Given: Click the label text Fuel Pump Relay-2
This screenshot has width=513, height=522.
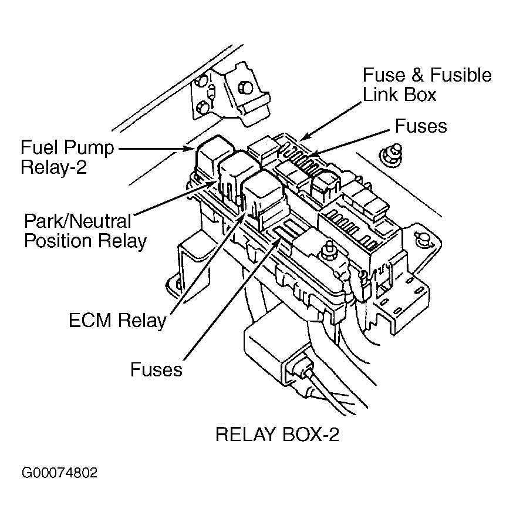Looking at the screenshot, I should (x=67, y=157).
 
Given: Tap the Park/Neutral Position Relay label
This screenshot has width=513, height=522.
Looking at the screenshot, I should (x=85, y=231).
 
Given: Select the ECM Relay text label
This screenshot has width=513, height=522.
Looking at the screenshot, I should (x=117, y=321).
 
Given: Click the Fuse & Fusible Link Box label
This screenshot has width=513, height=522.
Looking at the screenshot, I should (x=427, y=85).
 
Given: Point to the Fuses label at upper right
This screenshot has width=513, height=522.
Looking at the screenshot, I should (x=420, y=126).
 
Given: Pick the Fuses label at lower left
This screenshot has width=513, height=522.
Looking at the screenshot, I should (x=156, y=369).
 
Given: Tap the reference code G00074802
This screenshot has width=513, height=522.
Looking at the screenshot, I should (x=59, y=473).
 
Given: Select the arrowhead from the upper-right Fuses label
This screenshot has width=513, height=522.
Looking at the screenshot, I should (x=312, y=155).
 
